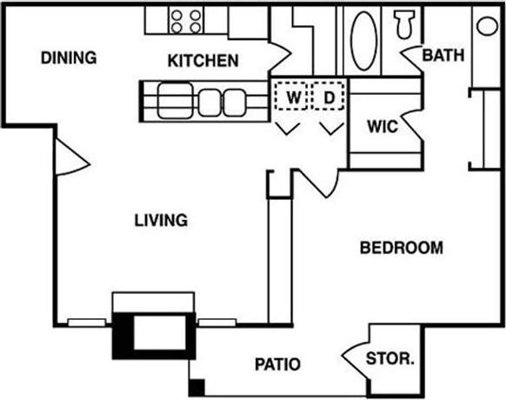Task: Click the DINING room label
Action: click(68, 59)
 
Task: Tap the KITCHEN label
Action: click(203, 61)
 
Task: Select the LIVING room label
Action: click(161, 220)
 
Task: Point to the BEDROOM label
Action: click(401, 248)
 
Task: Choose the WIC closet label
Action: click(382, 127)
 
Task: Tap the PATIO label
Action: click(278, 363)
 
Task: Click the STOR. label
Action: click(389, 358)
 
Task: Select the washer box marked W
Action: click(293, 97)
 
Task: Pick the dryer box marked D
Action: click(329, 97)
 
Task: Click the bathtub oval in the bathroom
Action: click(363, 40)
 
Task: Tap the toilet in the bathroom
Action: click(404, 24)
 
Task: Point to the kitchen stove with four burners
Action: click(186, 21)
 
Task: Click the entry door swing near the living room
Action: click(70, 157)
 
